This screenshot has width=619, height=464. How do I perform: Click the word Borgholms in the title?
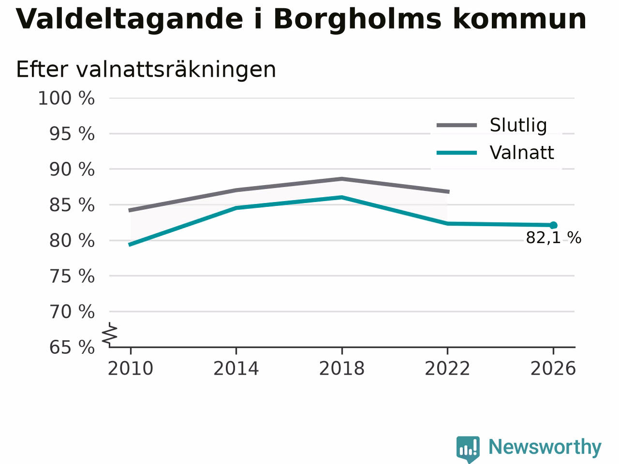(x=357, y=20)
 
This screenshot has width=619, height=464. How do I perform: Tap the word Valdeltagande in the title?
(x=129, y=20)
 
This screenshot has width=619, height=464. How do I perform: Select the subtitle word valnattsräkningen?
(x=176, y=70)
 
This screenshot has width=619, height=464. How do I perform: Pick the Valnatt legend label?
(x=522, y=153)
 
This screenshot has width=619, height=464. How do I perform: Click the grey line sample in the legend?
(x=457, y=125)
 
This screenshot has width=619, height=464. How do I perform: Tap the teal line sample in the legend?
(x=457, y=153)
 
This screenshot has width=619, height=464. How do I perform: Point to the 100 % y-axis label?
(x=66, y=99)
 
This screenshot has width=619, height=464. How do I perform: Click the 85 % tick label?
(x=72, y=205)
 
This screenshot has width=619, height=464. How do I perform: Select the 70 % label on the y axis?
(x=72, y=312)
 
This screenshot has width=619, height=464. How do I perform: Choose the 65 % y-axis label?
(x=72, y=348)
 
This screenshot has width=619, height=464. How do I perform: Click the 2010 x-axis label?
(x=130, y=368)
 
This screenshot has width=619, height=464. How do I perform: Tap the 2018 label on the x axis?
(x=342, y=368)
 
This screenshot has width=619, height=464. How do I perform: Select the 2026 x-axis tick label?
(x=553, y=368)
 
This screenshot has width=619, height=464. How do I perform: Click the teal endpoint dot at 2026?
(x=553, y=225)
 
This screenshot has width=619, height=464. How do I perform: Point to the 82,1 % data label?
(x=554, y=238)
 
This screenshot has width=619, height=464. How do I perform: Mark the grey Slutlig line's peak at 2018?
(x=342, y=179)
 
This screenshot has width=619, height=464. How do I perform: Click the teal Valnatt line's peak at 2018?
(x=342, y=197)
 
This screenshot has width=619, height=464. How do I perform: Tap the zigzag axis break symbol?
(x=109, y=334)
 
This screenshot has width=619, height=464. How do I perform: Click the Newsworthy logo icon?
(x=468, y=449)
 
